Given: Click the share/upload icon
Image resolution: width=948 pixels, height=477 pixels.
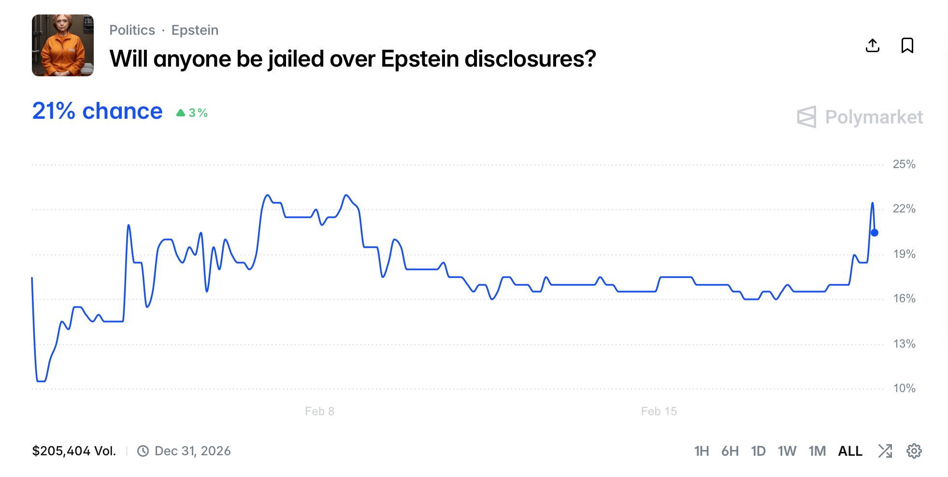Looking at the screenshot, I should pyautogui.click(x=872, y=45).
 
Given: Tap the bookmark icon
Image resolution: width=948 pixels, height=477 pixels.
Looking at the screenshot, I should pyautogui.click(x=907, y=45).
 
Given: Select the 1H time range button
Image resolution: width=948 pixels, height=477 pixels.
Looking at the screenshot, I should pyautogui.click(x=701, y=451).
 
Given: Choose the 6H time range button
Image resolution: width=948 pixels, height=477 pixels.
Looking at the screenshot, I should pyautogui.click(x=730, y=451).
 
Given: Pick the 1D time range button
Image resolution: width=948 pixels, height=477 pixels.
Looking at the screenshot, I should pyautogui.click(x=758, y=451).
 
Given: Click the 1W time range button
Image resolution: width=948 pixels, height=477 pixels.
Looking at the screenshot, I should pyautogui.click(x=787, y=451).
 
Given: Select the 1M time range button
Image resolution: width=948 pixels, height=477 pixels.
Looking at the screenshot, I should pyautogui.click(x=817, y=451).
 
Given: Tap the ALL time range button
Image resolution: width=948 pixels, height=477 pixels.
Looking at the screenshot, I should pyautogui.click(x=850, y=451).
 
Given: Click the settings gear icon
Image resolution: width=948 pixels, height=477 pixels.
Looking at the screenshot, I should pyautogui.click(x=914, y=451).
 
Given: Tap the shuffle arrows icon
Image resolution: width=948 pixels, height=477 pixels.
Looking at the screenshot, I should pyautogui.click(x=885, y=451).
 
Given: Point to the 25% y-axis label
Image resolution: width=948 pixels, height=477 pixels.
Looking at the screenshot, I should pyautogui.click(x=904, y=164).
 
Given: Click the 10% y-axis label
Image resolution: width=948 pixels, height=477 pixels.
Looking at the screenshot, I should pyautogui.click(x=904, y=388).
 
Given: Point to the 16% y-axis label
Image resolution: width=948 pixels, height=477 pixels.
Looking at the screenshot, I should pyautogui.click(x=904, y=298).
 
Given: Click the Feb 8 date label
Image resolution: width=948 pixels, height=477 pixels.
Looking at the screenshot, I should pyautogui.click(x=319, y=411).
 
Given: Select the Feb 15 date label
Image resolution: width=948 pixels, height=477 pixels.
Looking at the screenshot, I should pyautogui.click(x=659, y=411).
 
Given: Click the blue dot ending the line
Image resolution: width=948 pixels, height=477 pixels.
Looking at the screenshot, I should pyautogui.click(x=874, y=233).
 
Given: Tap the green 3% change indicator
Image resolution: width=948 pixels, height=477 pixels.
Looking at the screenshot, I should pyautogui.click(x=192, y=113).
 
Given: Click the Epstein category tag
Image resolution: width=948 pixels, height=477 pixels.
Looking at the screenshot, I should pyautogui.click(x=195, y=30).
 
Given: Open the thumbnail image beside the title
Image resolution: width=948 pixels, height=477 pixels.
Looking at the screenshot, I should pyautogui.click(x=63, y=45).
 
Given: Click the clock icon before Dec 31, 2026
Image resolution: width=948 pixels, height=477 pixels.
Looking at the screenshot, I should pyautogui.click(x=143, y=451).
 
